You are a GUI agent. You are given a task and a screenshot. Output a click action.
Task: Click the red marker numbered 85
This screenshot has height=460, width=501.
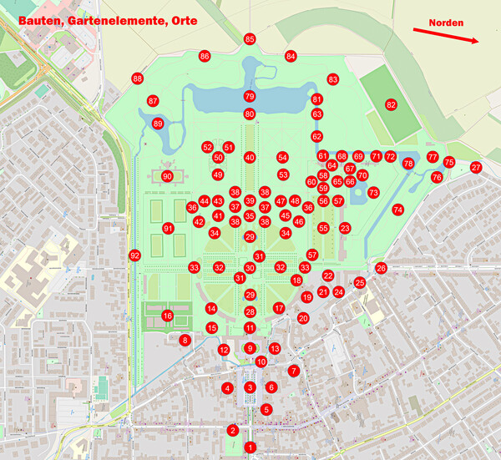coord(250,39)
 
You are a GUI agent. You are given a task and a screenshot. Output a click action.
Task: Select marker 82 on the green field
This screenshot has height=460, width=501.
coord(391,105)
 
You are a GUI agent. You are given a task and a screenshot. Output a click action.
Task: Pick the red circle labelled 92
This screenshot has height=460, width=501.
coord(134,255)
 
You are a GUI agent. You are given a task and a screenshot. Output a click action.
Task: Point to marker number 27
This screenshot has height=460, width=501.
coord(476,168)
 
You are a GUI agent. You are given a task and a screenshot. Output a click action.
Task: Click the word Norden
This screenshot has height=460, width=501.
coord(447,23)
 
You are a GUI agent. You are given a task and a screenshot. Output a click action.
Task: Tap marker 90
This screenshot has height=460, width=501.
coord(167,176)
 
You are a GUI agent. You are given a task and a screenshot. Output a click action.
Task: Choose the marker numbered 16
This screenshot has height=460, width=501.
coord(167,316)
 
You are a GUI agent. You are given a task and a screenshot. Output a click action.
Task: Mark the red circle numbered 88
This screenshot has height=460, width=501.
coord(138,78)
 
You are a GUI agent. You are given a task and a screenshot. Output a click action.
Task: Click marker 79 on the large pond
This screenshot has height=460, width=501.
coord(250,97)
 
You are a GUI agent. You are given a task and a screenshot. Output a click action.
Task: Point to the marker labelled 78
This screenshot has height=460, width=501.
coord(408,164)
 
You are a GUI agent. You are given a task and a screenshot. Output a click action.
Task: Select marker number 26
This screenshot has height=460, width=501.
coord(381,268)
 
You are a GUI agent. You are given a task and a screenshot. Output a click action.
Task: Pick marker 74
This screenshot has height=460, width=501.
coord(397,209)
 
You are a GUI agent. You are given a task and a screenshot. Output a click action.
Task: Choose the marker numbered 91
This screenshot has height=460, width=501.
coord(168,228)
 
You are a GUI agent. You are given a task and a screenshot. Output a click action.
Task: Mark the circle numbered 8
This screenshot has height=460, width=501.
coord(185,340)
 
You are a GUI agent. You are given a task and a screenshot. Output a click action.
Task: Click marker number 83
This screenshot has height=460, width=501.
coord(332,79)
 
